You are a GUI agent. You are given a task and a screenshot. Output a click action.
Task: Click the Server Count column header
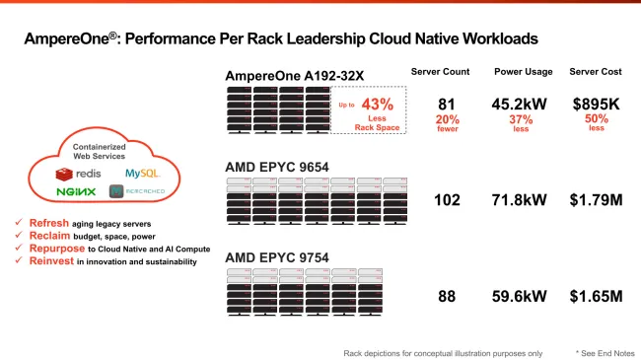pos(440,72)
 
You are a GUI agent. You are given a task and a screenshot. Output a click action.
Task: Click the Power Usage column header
pos(522,72)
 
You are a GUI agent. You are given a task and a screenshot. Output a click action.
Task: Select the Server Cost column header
pos(598,72)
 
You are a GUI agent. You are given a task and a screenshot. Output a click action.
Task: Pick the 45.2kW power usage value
pos(521,104)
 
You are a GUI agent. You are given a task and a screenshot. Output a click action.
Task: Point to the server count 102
pos(448,200)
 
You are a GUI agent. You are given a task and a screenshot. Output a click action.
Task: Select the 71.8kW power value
pos(521,200)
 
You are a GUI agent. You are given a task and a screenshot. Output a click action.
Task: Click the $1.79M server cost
pos(598,200)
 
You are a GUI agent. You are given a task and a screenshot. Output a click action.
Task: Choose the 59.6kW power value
pos(521,295)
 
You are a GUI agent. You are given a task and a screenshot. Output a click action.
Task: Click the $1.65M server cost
pos(598,295)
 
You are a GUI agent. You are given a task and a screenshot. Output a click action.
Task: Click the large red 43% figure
pos(378,105)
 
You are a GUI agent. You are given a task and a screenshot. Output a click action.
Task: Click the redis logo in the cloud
pos(75,174)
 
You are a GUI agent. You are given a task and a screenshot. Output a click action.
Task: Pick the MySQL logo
pos(128,173)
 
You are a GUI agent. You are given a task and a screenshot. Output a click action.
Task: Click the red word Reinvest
pos(42,261)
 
